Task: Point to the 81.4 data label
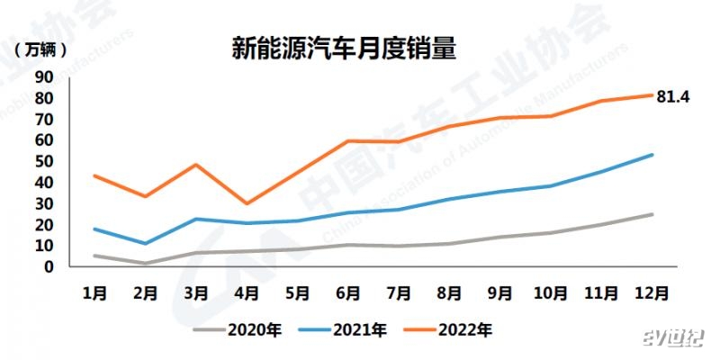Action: (672, 96)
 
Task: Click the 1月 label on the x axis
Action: (94, 292)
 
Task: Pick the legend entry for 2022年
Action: (464, 329)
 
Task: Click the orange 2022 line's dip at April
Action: (247, 203)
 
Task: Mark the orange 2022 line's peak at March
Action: (196, 165)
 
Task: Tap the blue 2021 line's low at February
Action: (146, 244)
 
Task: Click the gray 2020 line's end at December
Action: (652, 214)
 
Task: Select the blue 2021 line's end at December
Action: (652, 155)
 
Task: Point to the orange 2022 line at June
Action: (348, 141)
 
